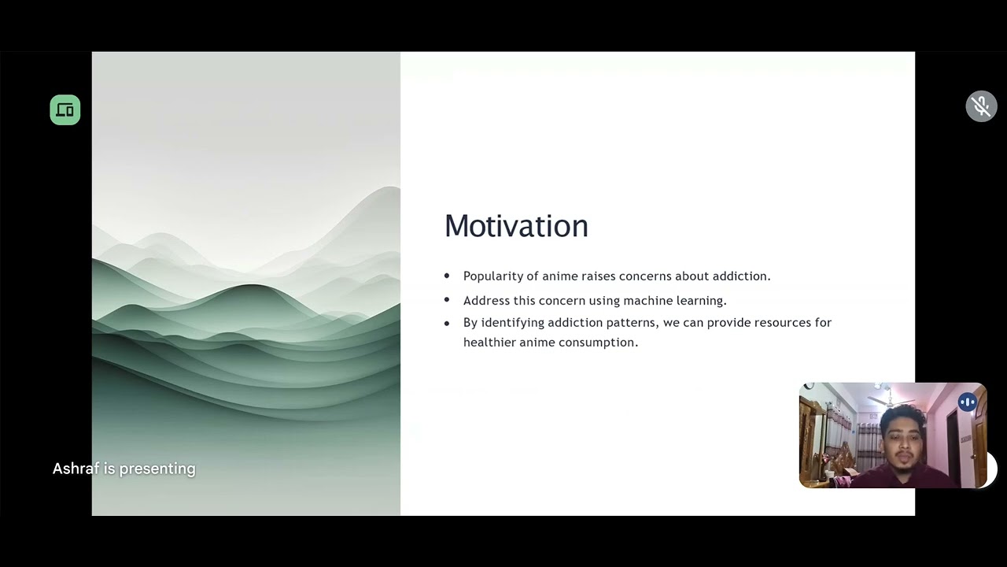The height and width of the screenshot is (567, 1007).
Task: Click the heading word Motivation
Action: click(x=516, y=226)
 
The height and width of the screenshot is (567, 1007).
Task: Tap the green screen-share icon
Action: click(x=65, y=110)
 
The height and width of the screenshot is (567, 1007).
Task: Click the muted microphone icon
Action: click(x=981, y=106)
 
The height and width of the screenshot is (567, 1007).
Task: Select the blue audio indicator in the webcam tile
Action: click(x=967, y=402)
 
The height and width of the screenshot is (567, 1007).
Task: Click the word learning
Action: click(x=699, y=301)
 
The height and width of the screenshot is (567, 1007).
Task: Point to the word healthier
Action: click(x=489, y=343)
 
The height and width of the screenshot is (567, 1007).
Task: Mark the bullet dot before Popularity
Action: click(x=447, y=276)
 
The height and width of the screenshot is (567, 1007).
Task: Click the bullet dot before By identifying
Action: click(x=447, y=323)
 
